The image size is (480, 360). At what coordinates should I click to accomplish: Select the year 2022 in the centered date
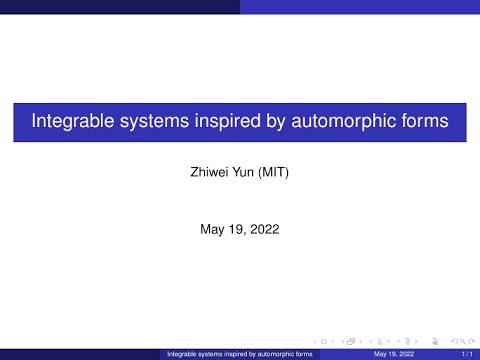coord(265,229)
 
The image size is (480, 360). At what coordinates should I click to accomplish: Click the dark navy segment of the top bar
coord(120,5)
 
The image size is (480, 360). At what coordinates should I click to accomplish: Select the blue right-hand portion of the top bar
coord(360,5)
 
